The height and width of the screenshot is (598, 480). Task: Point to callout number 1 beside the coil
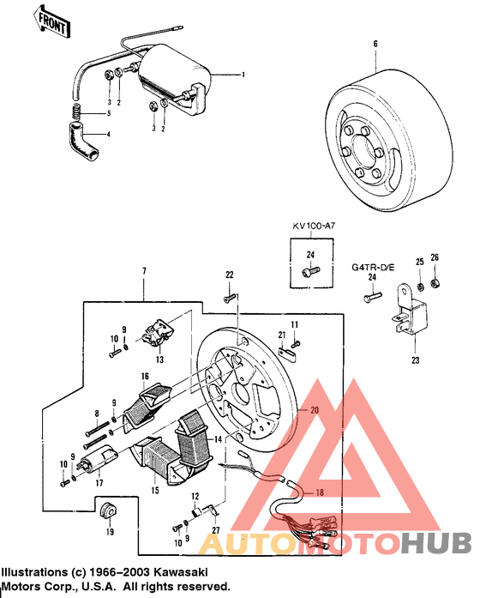243,75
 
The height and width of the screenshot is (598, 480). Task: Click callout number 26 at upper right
435,258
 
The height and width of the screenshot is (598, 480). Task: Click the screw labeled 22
230,297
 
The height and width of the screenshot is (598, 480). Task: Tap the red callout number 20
314,410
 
